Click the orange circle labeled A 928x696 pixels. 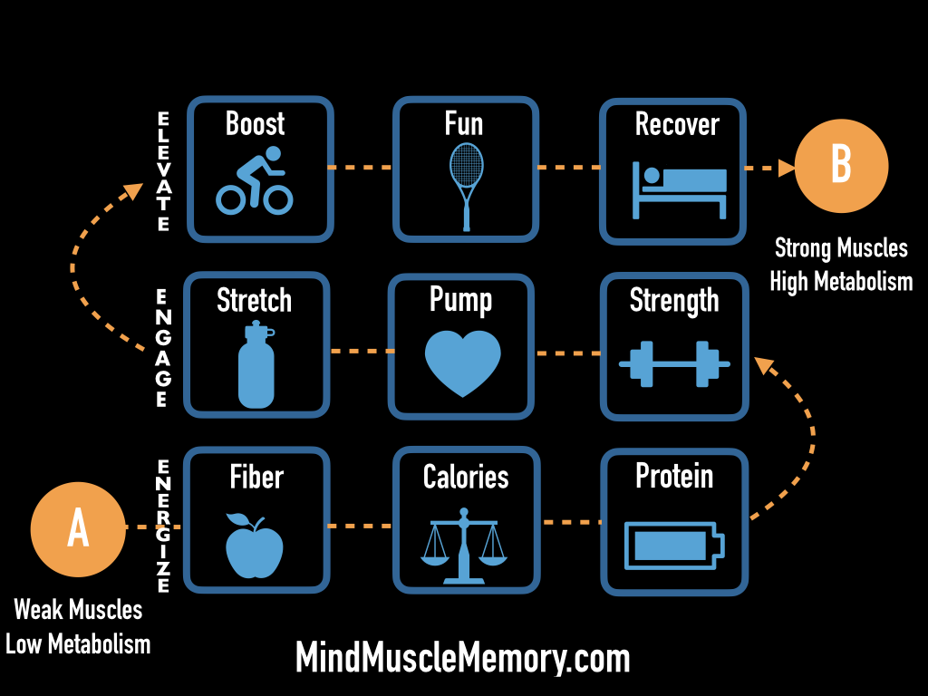point(78,529)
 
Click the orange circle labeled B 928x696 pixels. point(841,167)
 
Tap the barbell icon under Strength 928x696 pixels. point(674,363)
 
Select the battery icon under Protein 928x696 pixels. point(675,546)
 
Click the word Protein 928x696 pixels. point(674,476)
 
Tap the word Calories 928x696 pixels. point(466,477)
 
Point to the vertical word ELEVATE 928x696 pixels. point(163,172)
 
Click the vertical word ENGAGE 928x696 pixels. point(161,349)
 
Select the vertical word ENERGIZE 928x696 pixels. point(164,526)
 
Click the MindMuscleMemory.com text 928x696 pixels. point(462,657)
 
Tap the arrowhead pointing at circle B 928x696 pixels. point(785,167)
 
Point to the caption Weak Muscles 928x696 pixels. point(78,610)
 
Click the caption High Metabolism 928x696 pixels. point(841,282)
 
